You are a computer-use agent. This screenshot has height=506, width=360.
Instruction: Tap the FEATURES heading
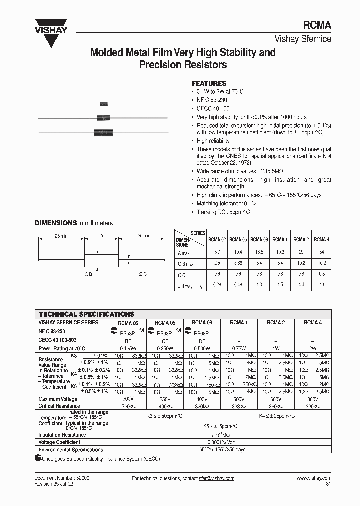point(209,83)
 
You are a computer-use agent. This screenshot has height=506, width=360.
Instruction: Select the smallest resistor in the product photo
point(104,104)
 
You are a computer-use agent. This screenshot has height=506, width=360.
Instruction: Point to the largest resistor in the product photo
point(104,133)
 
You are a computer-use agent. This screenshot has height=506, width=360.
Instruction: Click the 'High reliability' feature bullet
point(213,141)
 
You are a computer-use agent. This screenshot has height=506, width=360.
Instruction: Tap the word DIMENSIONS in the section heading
point(55,223)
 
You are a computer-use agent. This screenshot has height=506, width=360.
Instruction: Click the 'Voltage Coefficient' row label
point(59,442)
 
